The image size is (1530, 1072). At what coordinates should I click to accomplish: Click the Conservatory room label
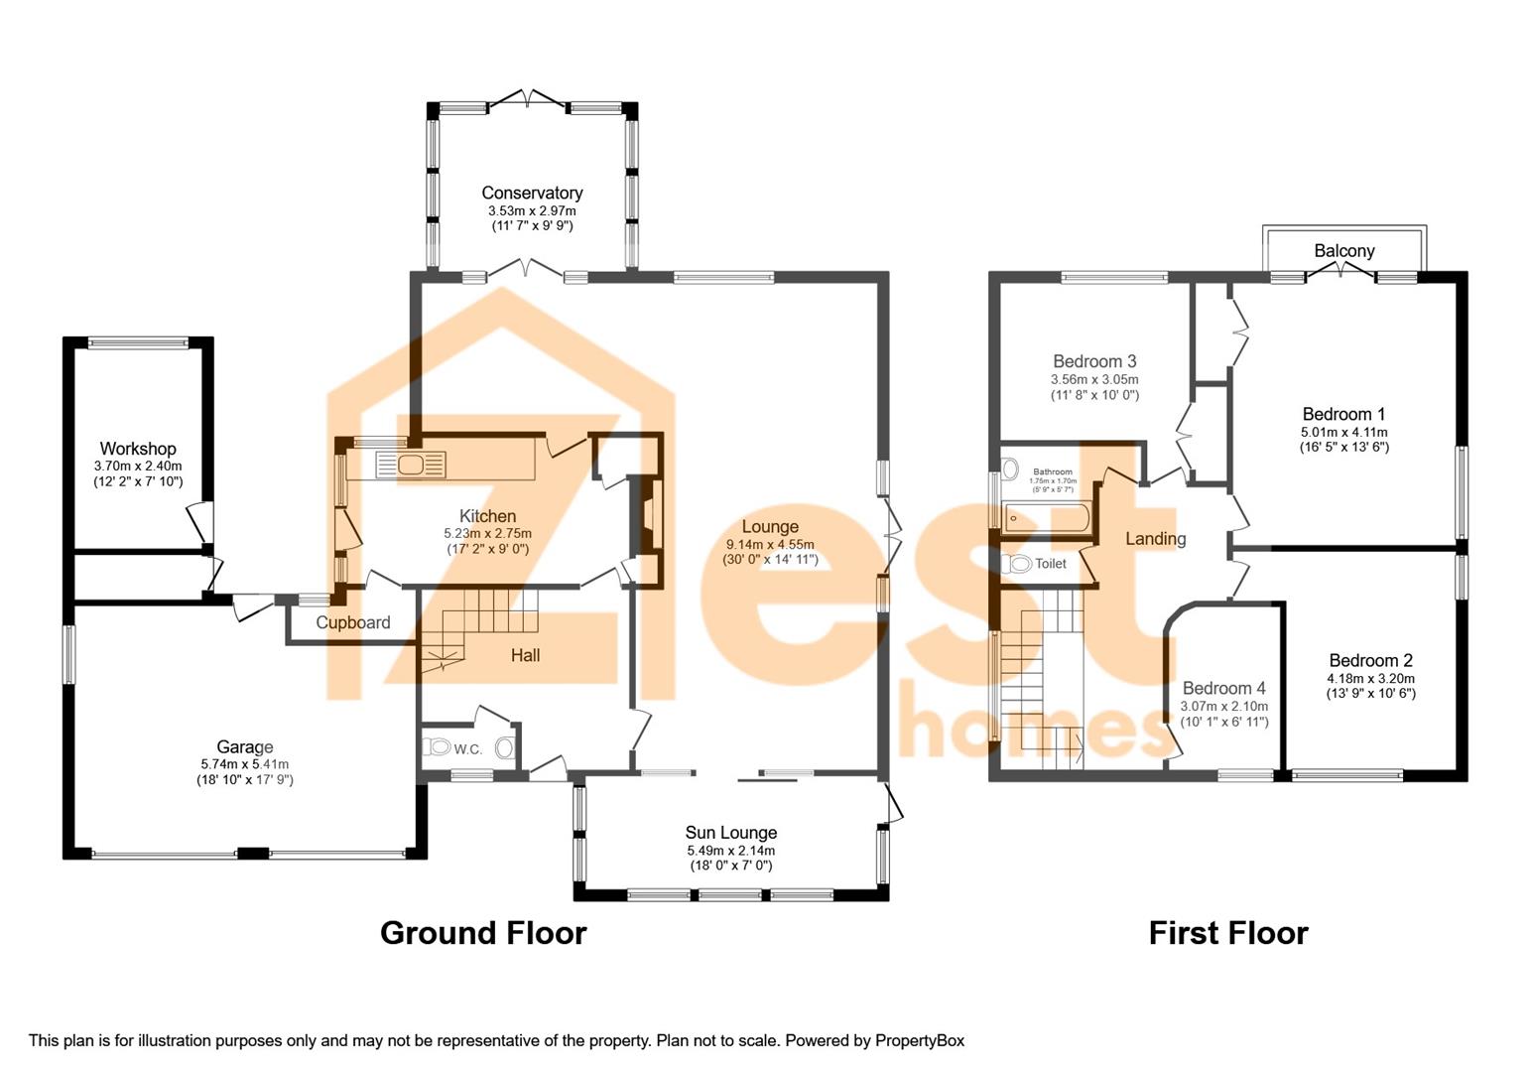[x=532, y=193]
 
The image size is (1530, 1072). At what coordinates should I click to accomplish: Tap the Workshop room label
[x=138, y=449]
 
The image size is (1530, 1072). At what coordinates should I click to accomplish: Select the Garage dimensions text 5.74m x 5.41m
[x=244, y=764]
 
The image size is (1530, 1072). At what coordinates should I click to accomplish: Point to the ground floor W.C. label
[x=468, y=749]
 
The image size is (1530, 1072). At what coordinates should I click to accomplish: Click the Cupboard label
[x=353, y=623]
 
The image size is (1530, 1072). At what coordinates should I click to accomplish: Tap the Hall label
[x=525, y=655]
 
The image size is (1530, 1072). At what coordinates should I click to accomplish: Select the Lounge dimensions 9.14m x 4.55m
[x=770, y=544]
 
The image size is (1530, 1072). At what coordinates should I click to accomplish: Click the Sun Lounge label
[x=730, y=833]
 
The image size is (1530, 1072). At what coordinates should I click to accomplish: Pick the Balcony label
[x=1344, y=250]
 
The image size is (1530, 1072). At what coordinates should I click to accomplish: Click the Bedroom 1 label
[x=1343, y=414]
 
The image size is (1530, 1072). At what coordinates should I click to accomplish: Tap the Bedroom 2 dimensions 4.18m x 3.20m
[x=1370, y=679]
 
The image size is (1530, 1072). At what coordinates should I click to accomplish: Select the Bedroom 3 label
[x=1094, y=361]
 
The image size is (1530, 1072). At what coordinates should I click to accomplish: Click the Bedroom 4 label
[x=1223, y=688]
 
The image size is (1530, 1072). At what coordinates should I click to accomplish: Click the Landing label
[x=1155, y=539]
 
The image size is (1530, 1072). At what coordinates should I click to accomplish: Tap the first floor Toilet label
[x=1051, y=564]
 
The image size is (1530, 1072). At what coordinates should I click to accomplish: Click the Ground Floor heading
[x=483, y=933]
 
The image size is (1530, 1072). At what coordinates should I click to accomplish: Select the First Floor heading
[x=1227, y=933]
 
